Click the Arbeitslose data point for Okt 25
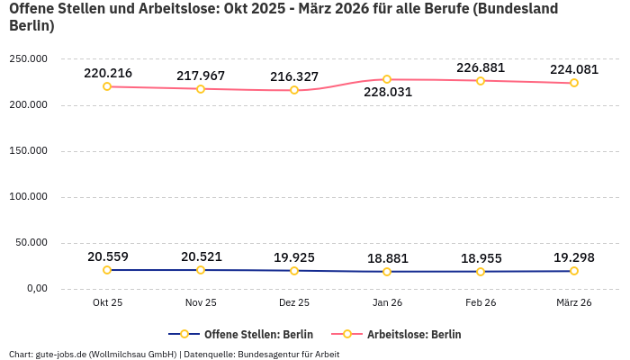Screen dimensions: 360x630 (107, 86)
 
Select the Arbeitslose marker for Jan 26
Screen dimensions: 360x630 (387, 79)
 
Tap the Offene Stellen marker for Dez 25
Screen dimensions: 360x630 (293, 270)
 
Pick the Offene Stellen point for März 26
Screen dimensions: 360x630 (573, 271)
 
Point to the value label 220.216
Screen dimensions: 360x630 (108, 73)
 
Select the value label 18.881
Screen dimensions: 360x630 (387, 258)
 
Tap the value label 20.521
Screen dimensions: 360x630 (201, 256)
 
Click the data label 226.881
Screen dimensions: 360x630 (481, 67)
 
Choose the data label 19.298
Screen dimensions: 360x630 (573, 256)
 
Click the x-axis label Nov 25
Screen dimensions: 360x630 (201, 302)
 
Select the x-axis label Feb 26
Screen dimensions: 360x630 (481, 302)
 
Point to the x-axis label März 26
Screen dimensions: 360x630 (573, 302)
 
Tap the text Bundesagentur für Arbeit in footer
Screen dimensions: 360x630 (287, 354)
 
